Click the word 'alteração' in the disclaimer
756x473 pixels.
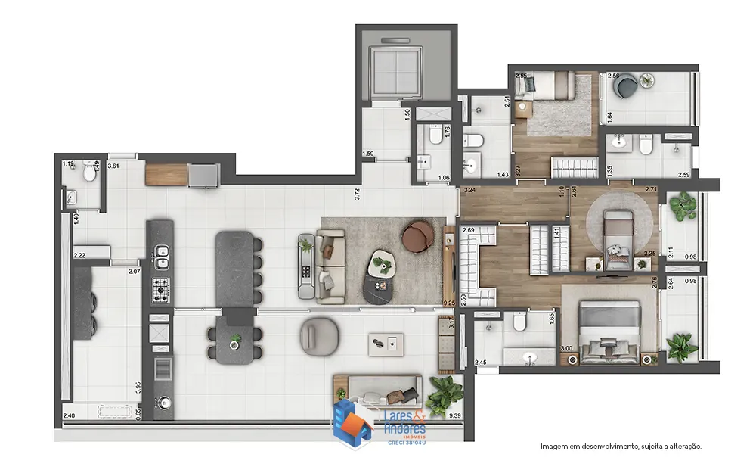[x=683, y=447]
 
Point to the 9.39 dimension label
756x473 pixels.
[x=455, y=415]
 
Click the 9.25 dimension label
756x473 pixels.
[x=449, y=303]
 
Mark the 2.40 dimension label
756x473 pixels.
[x=69, y=415]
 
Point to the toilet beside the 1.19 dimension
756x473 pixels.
[x=89, y=174]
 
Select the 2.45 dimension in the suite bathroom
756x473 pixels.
[x=481, y=363]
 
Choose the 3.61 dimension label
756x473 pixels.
[x=114, y=165]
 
